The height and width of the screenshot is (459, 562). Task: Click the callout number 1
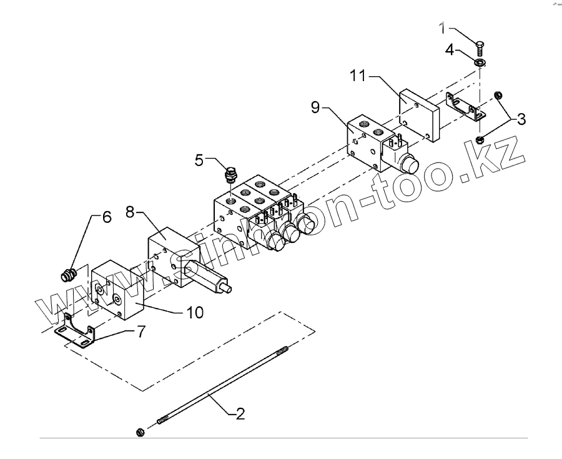[443, 28]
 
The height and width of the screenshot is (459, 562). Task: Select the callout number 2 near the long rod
[239, 413]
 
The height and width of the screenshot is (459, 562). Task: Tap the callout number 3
[520, 118]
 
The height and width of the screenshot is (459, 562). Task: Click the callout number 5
[199, 160]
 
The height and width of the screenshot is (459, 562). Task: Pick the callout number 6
[106, 217]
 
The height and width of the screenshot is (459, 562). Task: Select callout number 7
[141, 332]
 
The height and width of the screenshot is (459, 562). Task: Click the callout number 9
[316, 107]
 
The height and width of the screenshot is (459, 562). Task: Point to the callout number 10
[195, 313]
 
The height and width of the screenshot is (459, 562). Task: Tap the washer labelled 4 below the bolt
[480, 63]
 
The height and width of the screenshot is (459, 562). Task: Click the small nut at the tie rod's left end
[140, 432]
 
